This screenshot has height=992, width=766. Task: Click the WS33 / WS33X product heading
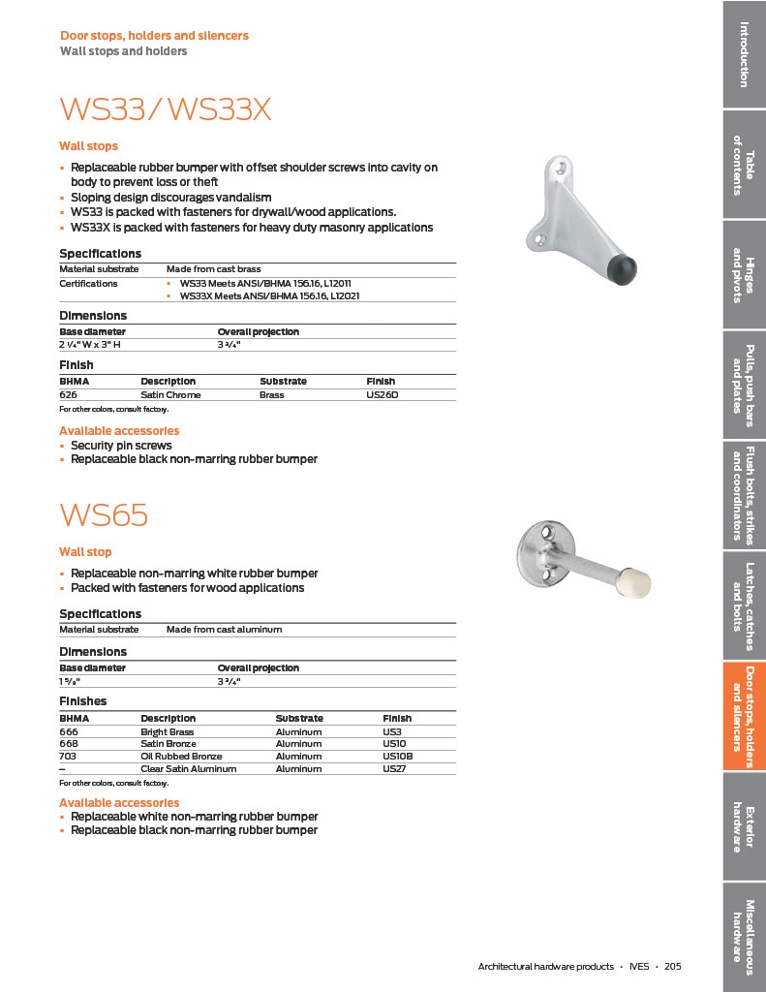[x=165, y=109]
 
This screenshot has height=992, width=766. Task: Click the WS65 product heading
[x=104, y=515]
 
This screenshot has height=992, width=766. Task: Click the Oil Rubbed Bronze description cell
[x=181, y=757]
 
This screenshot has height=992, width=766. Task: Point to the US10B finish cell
[x=397, y=757]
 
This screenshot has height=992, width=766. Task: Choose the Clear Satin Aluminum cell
[x=188, y=769]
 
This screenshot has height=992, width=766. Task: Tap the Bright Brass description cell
[x=167, y=732]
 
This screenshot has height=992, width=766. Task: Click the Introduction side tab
[x=744, y=53]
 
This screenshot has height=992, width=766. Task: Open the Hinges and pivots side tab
[x=744, y=275]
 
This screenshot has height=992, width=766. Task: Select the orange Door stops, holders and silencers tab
[x=744, y=716]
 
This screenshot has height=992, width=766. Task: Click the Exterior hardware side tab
[x=744, y=827]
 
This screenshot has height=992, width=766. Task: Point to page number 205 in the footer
[x=673, y=967]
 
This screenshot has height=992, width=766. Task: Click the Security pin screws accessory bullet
[x=121, y=446]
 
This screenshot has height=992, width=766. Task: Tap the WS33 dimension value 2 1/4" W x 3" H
[x=98, y=344]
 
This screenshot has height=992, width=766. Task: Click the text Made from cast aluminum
[x=224, y=630]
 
